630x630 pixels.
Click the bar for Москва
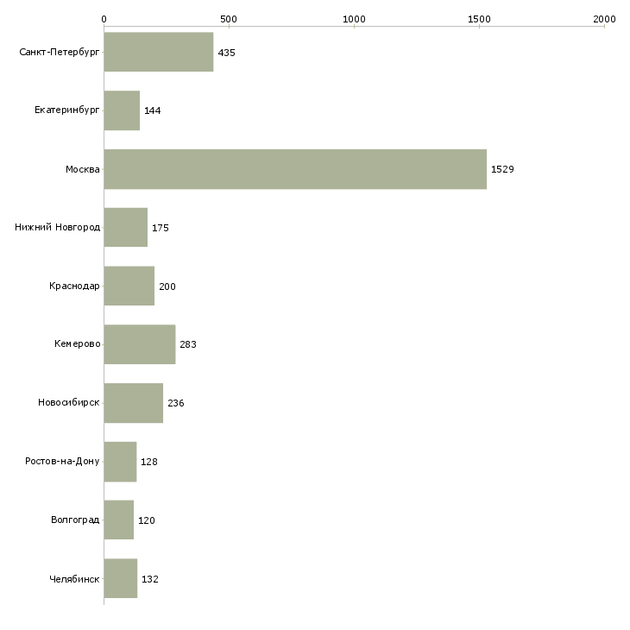click(x=295, y=169)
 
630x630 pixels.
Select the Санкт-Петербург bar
click(x=159, y=52)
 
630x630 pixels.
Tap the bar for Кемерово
click(x=140, y=344)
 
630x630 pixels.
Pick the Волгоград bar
click(x=119, y=520)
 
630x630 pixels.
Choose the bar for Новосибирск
click(x=134, y=403)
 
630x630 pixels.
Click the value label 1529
click(x=502, y=169)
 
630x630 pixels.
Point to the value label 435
click(x=227, y=53)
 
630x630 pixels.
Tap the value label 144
click(x=153, y=110)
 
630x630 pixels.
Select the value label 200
click(x=167, y=287)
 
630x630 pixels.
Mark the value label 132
click(x=150, y=579)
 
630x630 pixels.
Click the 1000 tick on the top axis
click(x=354, y=19)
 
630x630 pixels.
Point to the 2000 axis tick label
click(x=604, y=19)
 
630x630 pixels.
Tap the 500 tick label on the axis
click(x=229, y=19)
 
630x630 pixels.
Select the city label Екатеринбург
click(x=66, y=110)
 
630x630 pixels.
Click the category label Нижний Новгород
click(x=58, y=228)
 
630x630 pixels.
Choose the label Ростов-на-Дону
click(x=62, y=461)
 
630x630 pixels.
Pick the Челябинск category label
click(x=74, y=579)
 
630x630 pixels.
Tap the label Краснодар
click(x=74, y=286)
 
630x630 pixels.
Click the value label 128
click(x=149, y=462)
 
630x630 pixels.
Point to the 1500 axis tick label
click(x=479, y=19)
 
